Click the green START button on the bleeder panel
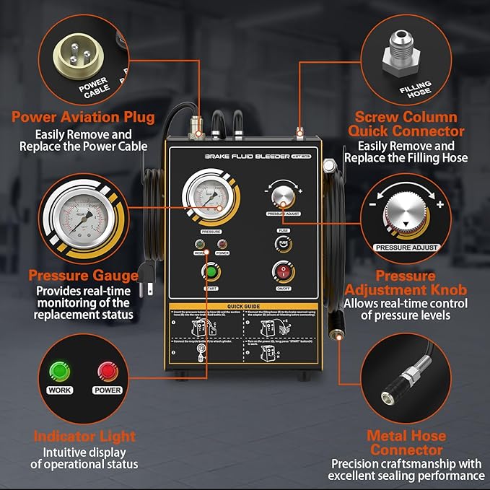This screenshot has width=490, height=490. [x=211, y=274]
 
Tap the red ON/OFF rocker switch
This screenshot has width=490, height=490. [x=283, y=271]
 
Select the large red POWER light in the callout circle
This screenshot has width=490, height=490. [x=107, y=372]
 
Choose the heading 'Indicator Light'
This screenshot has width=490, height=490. [x=84, y=436]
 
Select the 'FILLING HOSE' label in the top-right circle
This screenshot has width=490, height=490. [x=416, y=88]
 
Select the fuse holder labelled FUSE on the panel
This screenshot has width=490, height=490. [x=282, y=243]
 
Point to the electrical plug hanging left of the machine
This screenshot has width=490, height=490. [x=148, y=286]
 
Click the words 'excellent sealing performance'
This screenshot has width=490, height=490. [x=406, y=476]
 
